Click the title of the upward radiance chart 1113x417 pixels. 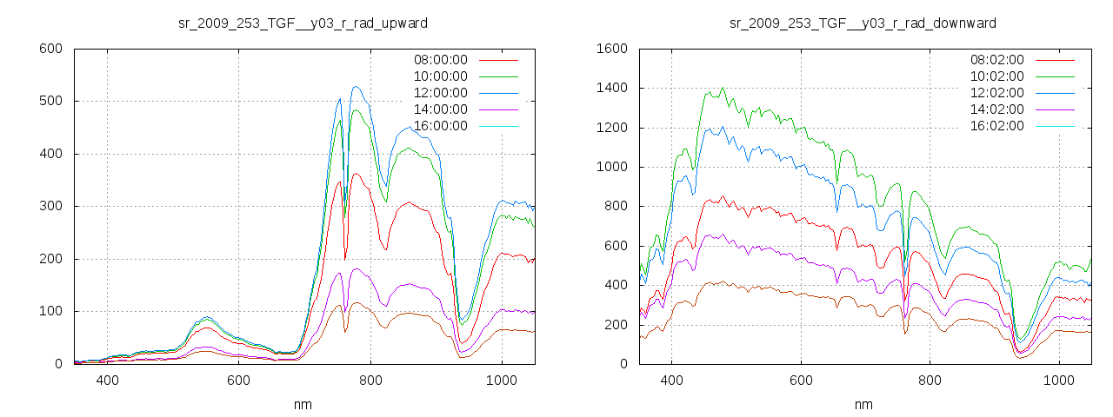pos(303,23)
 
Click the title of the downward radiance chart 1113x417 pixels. pos(863,23)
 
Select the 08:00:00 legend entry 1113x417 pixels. pos(440,60)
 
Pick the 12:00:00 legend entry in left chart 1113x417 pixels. pos(440,93)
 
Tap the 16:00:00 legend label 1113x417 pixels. pos(440,126)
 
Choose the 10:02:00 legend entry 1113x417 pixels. pos(997,76)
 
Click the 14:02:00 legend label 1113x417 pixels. pos(997,109)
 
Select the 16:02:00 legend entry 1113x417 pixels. pos(997,126)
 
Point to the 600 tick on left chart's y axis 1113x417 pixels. pos(50,49)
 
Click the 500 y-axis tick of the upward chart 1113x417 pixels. pos(50,102)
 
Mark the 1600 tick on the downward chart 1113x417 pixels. pos(610,49)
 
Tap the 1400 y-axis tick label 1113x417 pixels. pos(610,88)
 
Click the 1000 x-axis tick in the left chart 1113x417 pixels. pos(501,381)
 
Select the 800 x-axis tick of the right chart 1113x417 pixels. pos(930,381)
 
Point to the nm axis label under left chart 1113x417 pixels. pos(303,405)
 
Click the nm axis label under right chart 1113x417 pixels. pos(863,405)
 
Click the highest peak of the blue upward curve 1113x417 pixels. pos(356,87)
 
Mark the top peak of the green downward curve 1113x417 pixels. pos(723,88)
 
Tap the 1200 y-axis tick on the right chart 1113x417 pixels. pos(610,128)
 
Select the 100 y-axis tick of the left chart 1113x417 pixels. pos(50,311)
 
